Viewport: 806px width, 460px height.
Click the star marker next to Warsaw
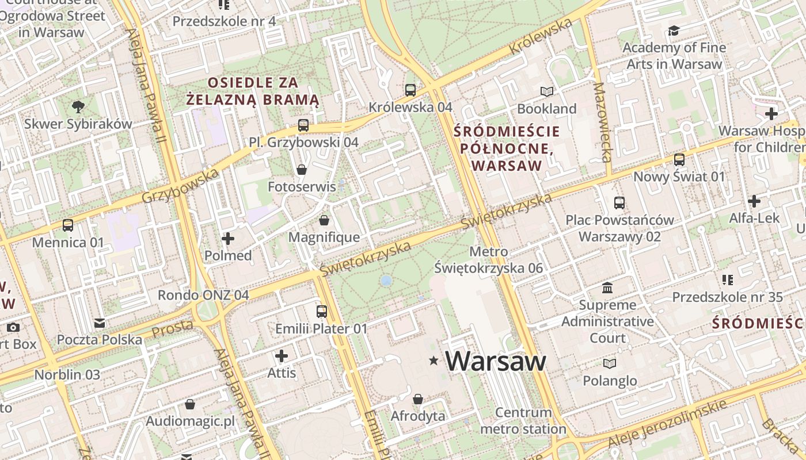coord(434,361)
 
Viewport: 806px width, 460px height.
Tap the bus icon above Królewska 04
coord(410,90)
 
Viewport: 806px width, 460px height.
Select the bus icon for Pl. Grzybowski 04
coord(303,125)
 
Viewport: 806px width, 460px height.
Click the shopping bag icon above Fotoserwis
coord(301,169)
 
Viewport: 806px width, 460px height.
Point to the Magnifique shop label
coord(324,237)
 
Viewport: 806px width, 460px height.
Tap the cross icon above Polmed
coord(228,238)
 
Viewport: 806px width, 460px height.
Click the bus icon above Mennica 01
coord(68,225)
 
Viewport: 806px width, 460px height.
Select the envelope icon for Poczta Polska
coord(100,323)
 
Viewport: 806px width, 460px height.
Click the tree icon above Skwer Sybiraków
coord(78,106)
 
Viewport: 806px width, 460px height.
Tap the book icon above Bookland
coord(546,91)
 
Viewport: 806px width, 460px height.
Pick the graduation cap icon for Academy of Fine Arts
coord(674,30)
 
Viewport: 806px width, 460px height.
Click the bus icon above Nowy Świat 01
coord(679,159)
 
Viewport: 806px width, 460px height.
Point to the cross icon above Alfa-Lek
coord(754,201)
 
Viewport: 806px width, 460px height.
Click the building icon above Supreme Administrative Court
coord(607,287)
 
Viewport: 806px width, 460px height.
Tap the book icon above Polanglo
coord(610,363)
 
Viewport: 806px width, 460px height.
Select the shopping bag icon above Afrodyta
coord(418,398)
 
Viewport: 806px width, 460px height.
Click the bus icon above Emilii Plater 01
coord(322,312)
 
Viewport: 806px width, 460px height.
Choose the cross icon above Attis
coord(282,356)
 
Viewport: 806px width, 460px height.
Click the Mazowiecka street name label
coord(601,122)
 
